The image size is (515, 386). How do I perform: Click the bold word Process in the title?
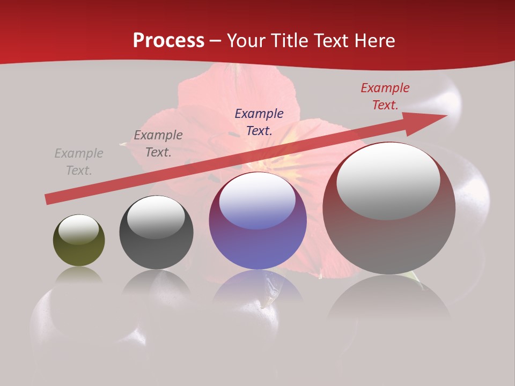[x=168, y=41]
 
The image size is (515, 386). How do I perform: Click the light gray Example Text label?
[x=79, y=162]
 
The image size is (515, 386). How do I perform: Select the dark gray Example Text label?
[x=158, y=144]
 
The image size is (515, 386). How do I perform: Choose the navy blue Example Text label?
[x=259, y=122]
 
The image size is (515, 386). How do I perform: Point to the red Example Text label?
[x=385, y=96]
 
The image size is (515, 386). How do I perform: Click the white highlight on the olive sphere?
[x=79, y=229]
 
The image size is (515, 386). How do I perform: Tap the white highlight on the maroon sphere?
[x=388, y=181]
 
